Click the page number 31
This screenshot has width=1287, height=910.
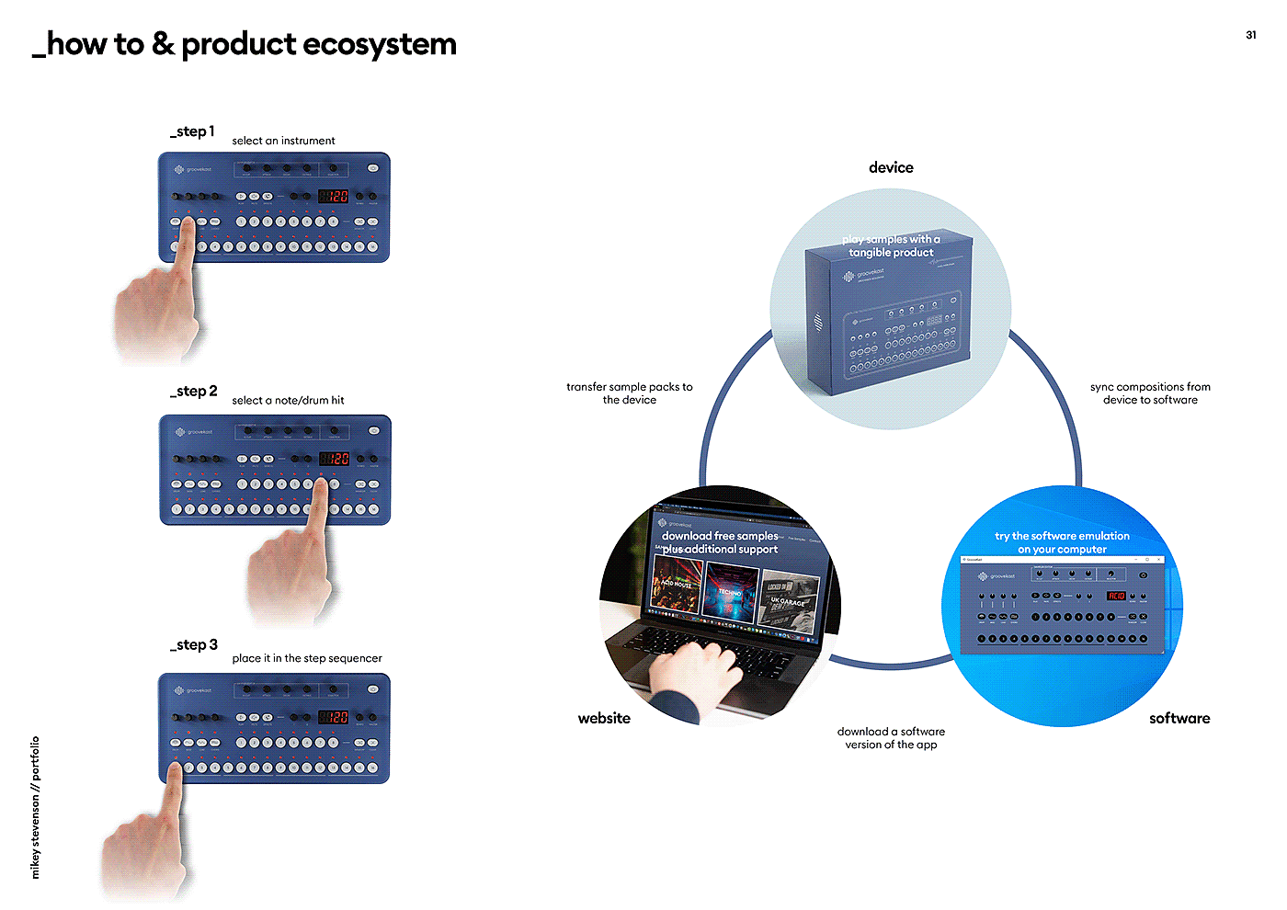1250,35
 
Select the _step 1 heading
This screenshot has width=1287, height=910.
192,131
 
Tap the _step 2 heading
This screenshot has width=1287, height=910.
194,392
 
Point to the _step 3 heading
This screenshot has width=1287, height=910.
194,645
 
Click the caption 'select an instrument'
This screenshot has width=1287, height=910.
283,141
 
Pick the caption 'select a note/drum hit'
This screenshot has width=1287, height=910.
288,400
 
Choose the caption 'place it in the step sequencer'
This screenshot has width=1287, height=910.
307,658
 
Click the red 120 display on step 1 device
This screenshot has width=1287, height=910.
334,196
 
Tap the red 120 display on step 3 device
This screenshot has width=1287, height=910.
334,717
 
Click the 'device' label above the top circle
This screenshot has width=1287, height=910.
891,167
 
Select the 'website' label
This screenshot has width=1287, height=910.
604,719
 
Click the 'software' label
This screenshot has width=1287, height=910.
1179,719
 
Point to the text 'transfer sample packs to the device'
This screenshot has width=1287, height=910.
630,393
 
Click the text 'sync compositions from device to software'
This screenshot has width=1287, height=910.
1150,393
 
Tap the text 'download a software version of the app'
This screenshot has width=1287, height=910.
891,738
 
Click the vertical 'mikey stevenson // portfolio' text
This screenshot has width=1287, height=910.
36,807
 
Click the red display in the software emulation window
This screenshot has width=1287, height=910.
1116,596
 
